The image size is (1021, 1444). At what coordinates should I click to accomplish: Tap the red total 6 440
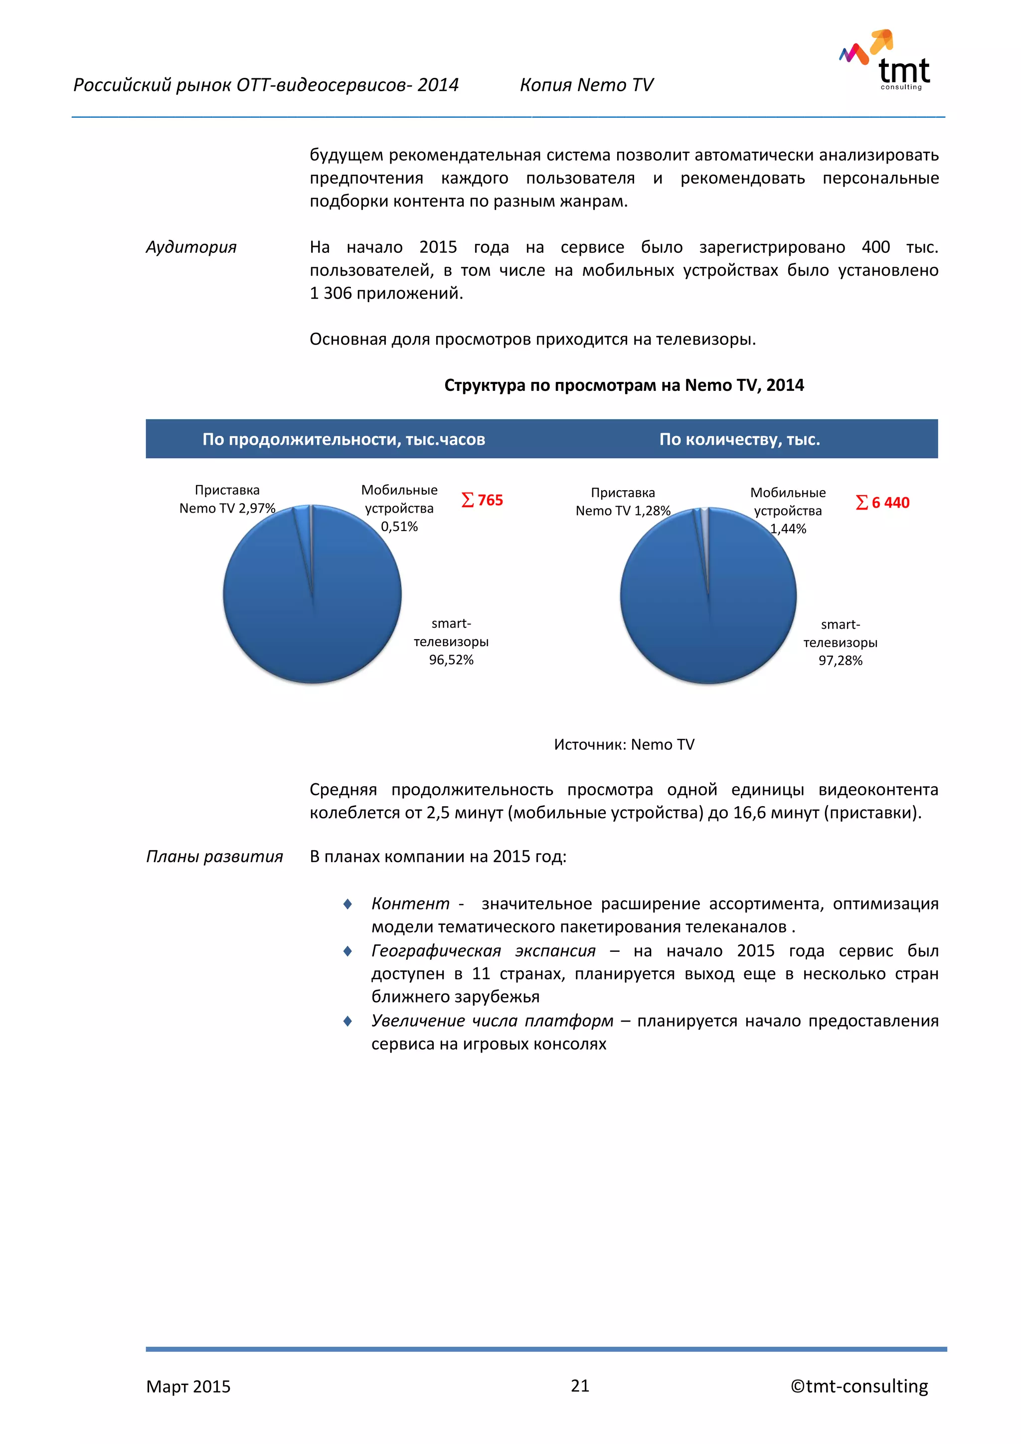click(883, 503)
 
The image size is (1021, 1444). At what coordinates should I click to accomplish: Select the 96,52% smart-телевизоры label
click(451, 642)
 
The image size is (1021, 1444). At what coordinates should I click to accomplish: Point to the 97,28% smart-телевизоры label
click(840, 643)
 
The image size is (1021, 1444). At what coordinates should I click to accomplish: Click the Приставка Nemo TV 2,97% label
click(227, 499)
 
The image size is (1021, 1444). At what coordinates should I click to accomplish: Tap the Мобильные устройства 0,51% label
click(399, 508)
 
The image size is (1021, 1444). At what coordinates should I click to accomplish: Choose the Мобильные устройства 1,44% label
click(788, 510)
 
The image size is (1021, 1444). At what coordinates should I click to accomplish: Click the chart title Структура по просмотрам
click(624, 385)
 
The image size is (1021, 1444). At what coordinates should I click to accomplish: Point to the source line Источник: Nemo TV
click(624, 744)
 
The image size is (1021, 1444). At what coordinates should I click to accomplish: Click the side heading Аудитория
click(191, 247)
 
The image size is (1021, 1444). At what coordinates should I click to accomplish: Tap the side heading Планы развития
click(214, 857)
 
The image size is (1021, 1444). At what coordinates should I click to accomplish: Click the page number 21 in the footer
click(580, 1386)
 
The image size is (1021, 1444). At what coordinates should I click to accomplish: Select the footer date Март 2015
click(188, 1386)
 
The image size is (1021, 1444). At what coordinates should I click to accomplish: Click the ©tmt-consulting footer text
click(859, 1386)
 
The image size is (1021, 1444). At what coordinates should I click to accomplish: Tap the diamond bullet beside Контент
click(347, 904)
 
